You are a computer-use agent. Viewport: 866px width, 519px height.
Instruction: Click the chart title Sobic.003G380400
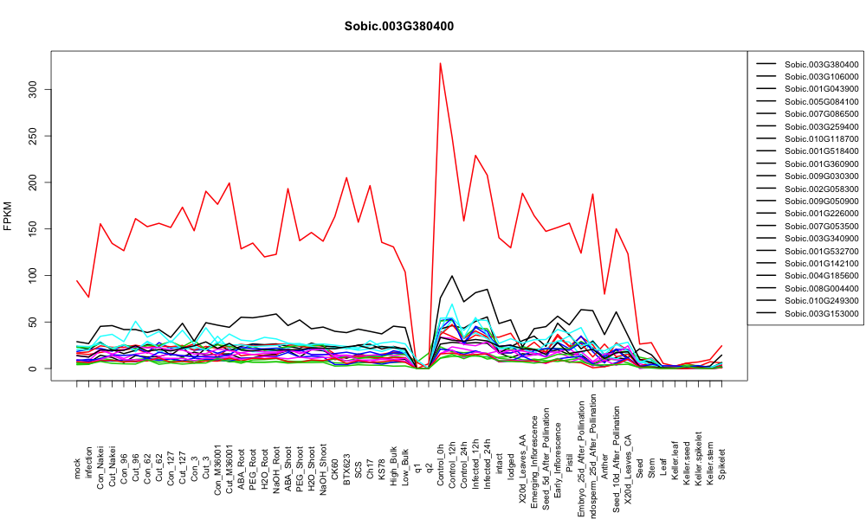(399, 26)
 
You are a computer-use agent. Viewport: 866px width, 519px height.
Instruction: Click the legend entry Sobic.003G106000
(821, 77)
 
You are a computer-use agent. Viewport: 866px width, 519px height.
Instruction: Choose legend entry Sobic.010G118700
(821, 139)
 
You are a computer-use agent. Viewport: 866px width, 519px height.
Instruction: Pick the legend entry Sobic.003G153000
(821, 313)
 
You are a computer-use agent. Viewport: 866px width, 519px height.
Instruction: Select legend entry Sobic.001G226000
(821, 214)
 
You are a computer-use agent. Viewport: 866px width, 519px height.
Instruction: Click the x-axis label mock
(77, 470)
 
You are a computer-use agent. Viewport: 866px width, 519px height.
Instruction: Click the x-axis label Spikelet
(722, 464)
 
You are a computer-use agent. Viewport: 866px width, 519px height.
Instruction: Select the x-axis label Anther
(604, 466)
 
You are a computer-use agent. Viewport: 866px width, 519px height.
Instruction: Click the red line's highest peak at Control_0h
(440, 63)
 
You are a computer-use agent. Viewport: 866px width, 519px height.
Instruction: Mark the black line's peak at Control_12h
(452, 276)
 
